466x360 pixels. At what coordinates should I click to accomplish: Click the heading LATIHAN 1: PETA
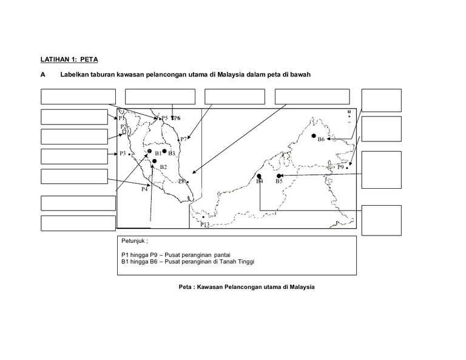pyautogui.click(x=69, y=59)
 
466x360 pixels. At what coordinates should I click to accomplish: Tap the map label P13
pyautogui.click(x=204, y=225)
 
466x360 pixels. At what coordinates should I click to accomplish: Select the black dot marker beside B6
pyautogui.click(x=314, y=136)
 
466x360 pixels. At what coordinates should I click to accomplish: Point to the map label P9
pyautogui.click(x=340, y=166)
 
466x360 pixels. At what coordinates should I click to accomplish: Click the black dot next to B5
pyautogui.click(x=279, y=175)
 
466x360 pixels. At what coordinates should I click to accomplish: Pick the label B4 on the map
pyautogui.click(x=259, y=181)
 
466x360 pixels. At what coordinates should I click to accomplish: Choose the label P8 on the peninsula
pyautogui.click(x=181, y=182)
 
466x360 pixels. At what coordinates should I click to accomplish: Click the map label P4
pyautogui.click(x=145, y=189)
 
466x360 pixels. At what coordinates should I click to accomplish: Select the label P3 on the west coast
pyautogui.click(x=123, y=154)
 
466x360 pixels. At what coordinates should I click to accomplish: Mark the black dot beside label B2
pyautogui.click(x=155, y=161)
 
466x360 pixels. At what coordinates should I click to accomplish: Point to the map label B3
pyautogui.click(x=172, y=154)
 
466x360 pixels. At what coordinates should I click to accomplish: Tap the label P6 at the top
pyautogui.click(x=177, y=118)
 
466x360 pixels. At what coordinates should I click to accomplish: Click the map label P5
pyautogui.click(x=164, y=118)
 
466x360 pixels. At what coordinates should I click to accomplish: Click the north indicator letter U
pyautogui.click(x=349, y=112)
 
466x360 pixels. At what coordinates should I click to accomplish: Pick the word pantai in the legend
pyautogui.click(x=222, y=254)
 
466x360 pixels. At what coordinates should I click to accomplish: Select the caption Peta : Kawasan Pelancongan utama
pyautogui.click(x=243, y=287)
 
